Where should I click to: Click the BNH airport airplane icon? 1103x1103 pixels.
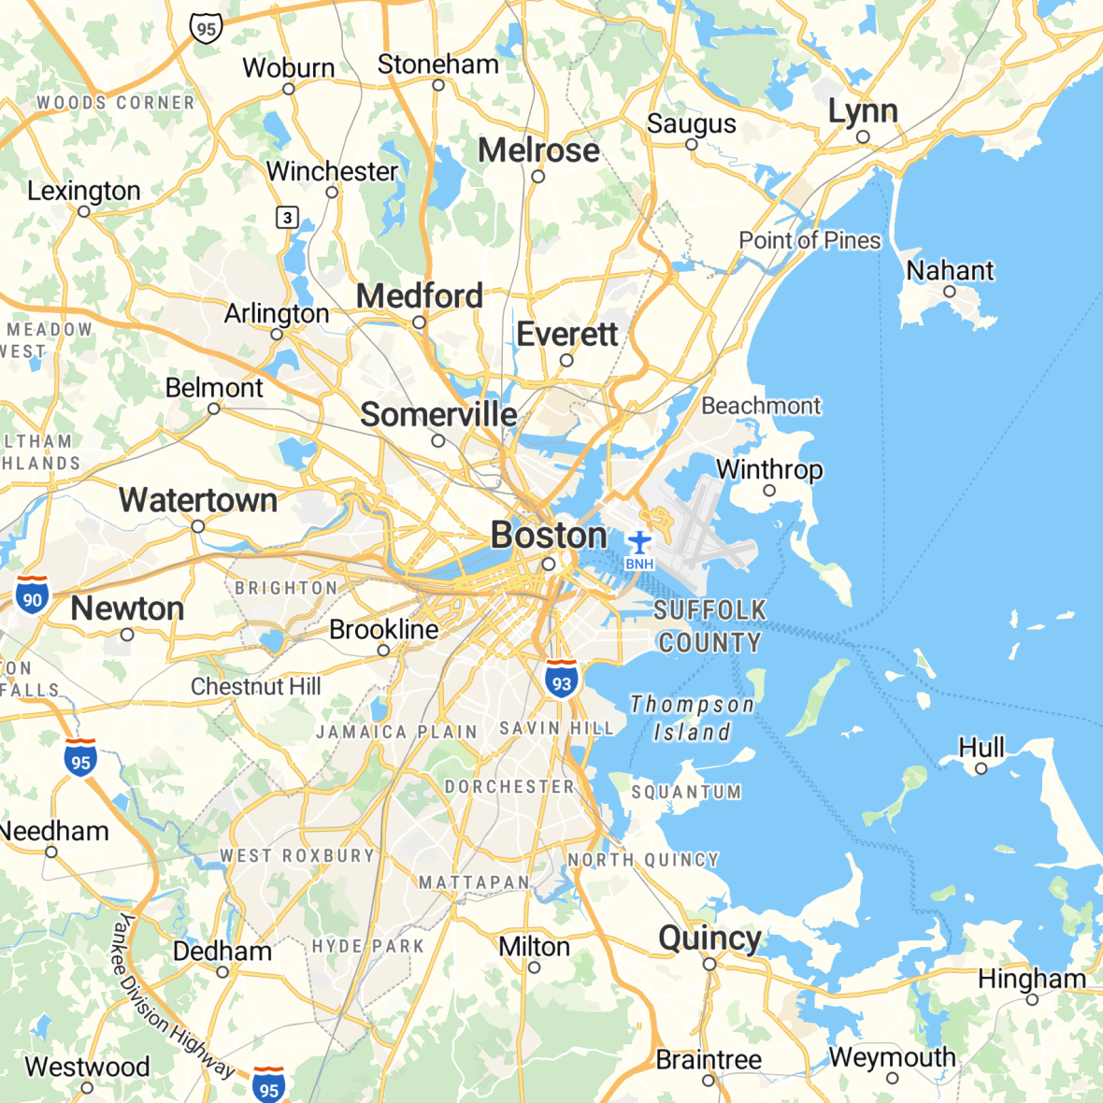pyautogui.click(x=639, y=542)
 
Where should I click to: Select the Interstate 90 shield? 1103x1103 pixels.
pyautogui.click(x=33, y=595)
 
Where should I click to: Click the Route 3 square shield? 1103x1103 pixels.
pyautogui.click(x=287, y=218)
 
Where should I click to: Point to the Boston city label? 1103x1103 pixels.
pyautogui.click(x=549, y=536)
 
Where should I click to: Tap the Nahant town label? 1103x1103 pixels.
pyautogui.click(x=950, y=271)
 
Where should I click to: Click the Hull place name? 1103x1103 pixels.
pyautogui.click(x=981, y=748)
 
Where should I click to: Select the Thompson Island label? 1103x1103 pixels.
pyautogui.click(x=692, y=718)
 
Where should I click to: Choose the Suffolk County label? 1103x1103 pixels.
pyautogui.click(x=709, y=626)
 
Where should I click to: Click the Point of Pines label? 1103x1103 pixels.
pyautogui.click(x=809, y=240)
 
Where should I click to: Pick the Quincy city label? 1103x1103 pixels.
pyautogui.click(x=709, y=938)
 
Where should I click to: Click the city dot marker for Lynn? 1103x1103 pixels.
pyautogui.click(x=863, y=137)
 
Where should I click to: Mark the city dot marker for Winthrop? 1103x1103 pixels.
pyautogui.click(x=769, y=490)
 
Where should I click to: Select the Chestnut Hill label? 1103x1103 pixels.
pyautogui.click(x=255, y=687)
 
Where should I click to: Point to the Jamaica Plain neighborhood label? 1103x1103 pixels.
pyautogui.click(x=396, y=732)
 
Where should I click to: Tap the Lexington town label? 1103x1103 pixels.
pyautogui.click(x=84, y=191)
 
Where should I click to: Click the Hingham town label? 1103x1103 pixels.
pyautogui.click(x=1032, y=979)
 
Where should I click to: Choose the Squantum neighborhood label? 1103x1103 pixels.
pyautogui.click(x=686, y=793)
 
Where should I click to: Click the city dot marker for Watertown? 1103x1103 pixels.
pyautogui.click(x=198, y=527)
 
